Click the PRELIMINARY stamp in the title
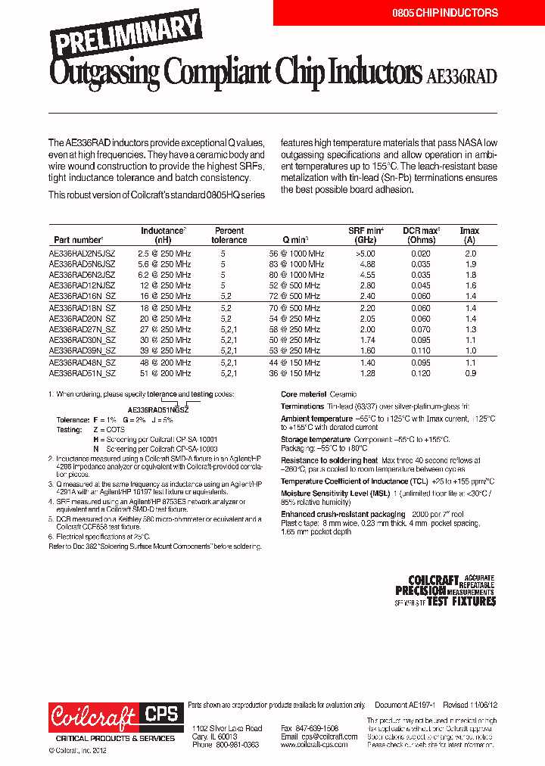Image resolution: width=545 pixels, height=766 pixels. (126, 34)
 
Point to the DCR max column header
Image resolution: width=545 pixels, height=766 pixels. (421, 235)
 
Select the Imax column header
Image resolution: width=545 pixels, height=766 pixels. (469, 235)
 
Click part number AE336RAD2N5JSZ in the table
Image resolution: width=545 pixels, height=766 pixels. (82, 254)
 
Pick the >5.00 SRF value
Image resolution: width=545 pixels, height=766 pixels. (366, 254)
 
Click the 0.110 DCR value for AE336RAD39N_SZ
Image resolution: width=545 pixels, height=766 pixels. (421, 351)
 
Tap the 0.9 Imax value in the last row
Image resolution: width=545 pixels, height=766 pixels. (470, 373)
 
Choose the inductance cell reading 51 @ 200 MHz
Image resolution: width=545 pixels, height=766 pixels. (165, 373)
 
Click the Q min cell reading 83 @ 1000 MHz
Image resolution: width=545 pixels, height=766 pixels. (297, 264)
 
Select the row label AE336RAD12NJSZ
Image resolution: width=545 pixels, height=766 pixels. (82, 286)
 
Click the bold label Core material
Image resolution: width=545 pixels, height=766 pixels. (304, 394)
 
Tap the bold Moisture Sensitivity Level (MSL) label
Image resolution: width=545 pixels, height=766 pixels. (330, 492)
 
